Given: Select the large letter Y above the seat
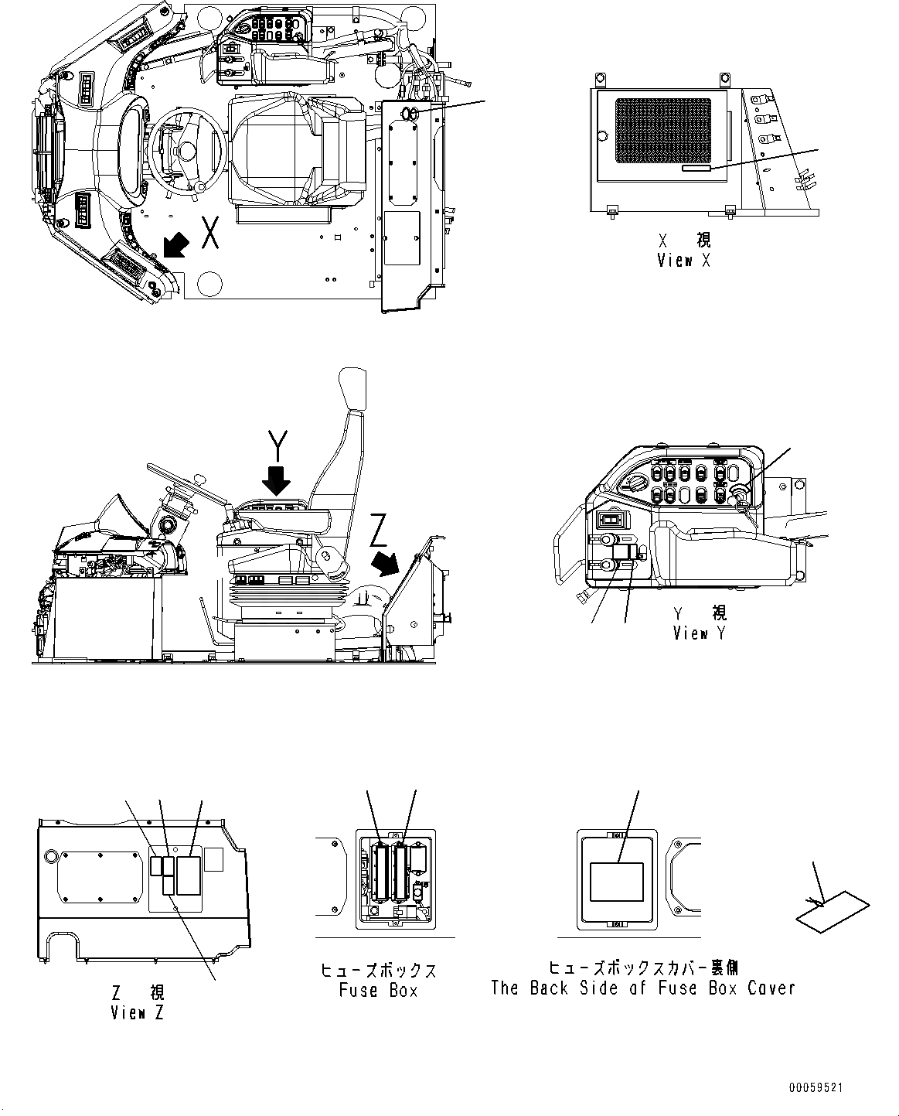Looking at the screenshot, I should [278, 447].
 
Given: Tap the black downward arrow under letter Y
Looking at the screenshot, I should [277, 481].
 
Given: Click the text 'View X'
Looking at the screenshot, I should [683, 261].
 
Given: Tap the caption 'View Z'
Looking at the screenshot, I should [137, 1012].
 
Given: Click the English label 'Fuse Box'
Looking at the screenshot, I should [379, 991].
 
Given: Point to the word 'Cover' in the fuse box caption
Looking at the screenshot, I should [766, 988].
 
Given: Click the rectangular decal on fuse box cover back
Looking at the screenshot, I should [616, 882].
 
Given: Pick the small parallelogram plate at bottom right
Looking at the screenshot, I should [832, 913].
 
